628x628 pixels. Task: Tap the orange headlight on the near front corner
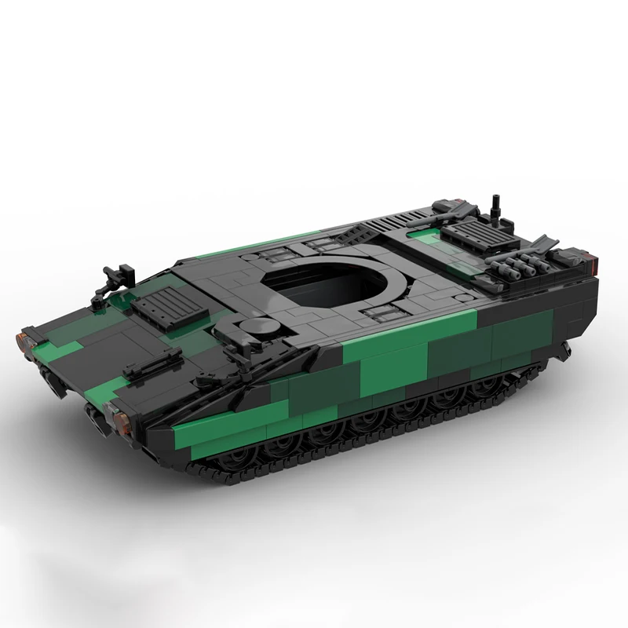coord(120,419)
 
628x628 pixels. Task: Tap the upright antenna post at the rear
coord(496,206)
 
